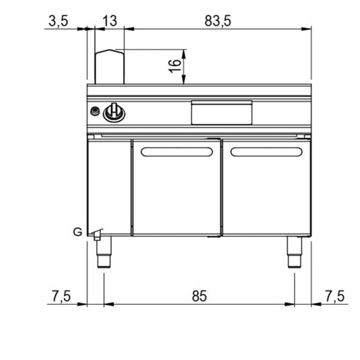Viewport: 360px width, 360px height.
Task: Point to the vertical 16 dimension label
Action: click(x=174, y=66)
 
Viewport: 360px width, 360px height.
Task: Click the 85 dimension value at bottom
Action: click(x=200, y=295)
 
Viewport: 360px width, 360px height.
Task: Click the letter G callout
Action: click(x=78, y=232)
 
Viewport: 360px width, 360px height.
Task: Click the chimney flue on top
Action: click(x=110, y=66)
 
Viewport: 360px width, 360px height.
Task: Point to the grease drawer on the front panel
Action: click(x=213, y=112)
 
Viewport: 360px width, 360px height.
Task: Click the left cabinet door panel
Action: click(x=176, y=192)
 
